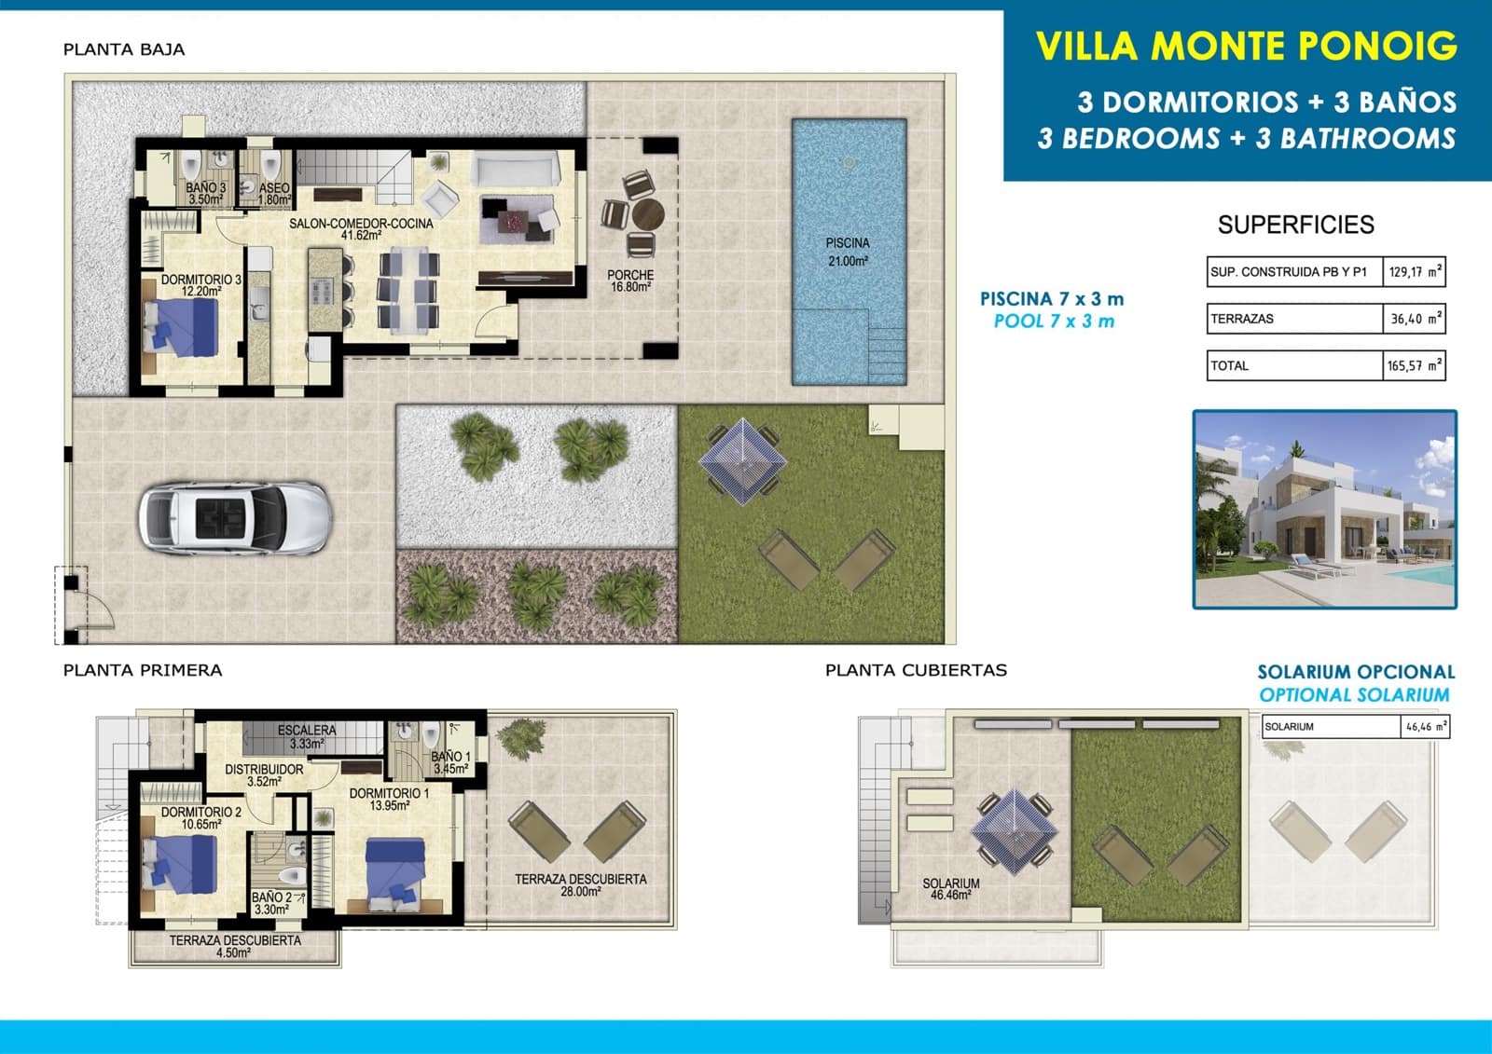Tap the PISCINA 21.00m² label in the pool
click(848, 252)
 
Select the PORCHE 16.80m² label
click(630, 281)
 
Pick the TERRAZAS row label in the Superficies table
click(1242, 319)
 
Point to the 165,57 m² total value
click(1414, 366)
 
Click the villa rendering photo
click(1324, 509)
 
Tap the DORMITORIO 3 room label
click(200, 285)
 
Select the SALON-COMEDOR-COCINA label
click(361, 229)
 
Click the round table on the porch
click(647, 214)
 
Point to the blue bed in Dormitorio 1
click(395, 871)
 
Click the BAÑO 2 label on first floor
click(271, 903)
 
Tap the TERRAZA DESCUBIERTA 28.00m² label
click(580, 884)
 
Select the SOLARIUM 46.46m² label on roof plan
click(950, 888)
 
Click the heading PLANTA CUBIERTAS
click(916, 670)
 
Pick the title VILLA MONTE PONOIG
click(1246, 47)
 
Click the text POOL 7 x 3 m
click(1054, 322)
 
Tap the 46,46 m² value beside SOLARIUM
click(1424, 727)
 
